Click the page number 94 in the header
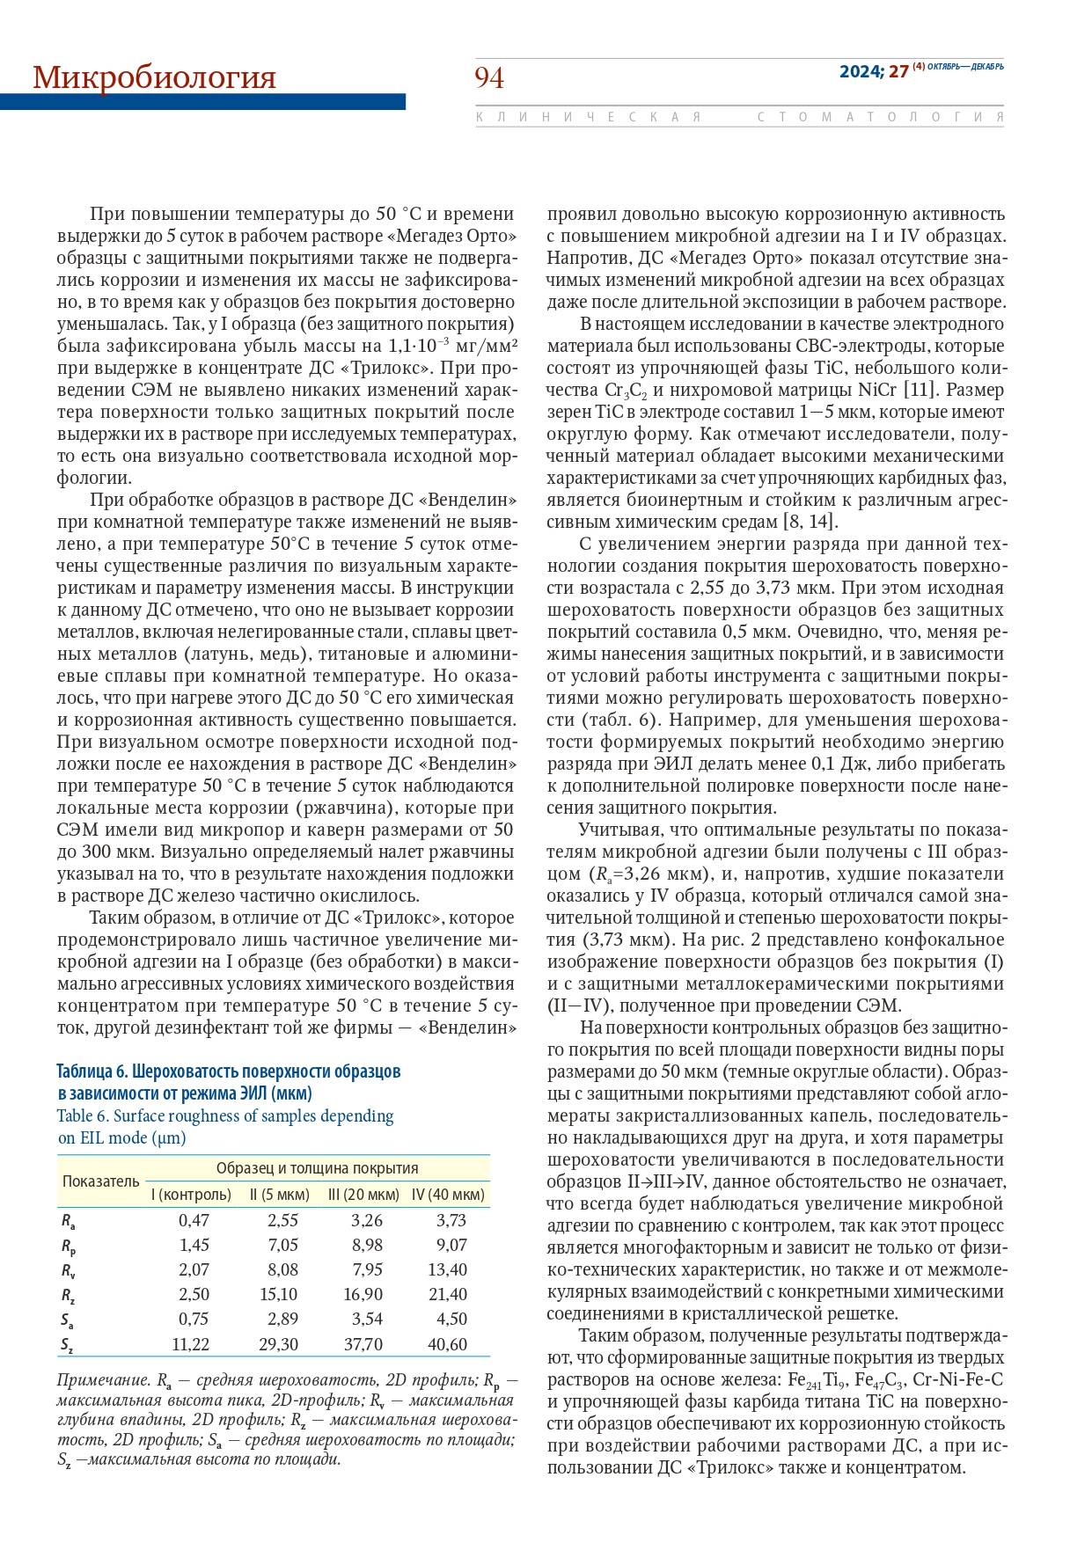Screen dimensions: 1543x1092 489,78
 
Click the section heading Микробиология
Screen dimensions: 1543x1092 154,77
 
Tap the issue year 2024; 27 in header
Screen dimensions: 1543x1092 873,71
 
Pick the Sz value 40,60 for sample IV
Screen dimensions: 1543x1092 448,1344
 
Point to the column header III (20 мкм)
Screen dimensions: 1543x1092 363,1195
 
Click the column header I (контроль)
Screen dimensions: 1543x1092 191,1195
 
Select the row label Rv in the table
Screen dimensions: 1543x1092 68,1270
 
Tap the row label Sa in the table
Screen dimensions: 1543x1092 68,1320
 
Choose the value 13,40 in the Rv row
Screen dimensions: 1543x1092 448,1269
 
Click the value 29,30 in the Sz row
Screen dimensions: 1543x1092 278,1344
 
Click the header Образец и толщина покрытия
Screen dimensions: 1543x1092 317,1168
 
